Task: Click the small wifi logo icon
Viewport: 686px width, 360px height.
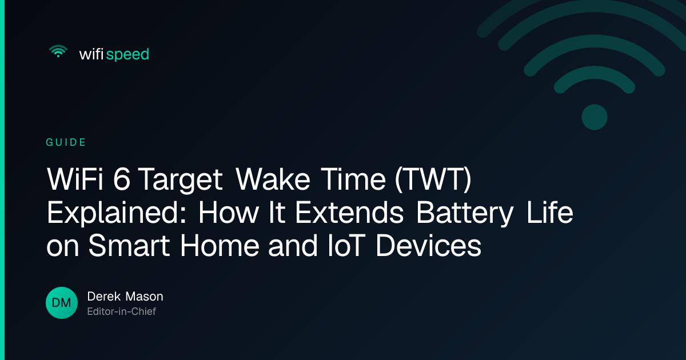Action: [x=58, y=51]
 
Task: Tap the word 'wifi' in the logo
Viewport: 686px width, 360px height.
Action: [x=91, y=54]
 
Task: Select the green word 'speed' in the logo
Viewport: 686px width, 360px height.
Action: [x=127, y=55]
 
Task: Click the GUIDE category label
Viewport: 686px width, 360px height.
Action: [x=66, y=142]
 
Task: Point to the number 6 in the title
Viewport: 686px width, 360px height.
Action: [x=122, y=179]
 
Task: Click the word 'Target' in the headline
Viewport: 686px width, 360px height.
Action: [x=181, y=181]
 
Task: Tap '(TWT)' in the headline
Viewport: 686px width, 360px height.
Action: [x=433, y=180]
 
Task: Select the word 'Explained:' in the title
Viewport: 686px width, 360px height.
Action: [x=117, y=213]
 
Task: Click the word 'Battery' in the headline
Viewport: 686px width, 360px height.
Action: [x=465, y=213]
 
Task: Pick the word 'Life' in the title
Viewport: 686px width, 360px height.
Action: [x=550, y=212]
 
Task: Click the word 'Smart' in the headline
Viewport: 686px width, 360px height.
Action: [x=129, y=246]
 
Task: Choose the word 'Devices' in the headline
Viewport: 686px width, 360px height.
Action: [x=429, y=246]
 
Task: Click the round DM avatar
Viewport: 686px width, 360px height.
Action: [x=62, y=303]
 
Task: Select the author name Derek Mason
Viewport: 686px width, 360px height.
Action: [x=125, y=297]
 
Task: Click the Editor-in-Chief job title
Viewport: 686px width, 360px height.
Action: [x=122, y=311]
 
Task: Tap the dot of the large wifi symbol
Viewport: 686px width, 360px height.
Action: [x=595, y=117]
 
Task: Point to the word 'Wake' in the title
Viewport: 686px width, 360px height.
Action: [x=273, y=179]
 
